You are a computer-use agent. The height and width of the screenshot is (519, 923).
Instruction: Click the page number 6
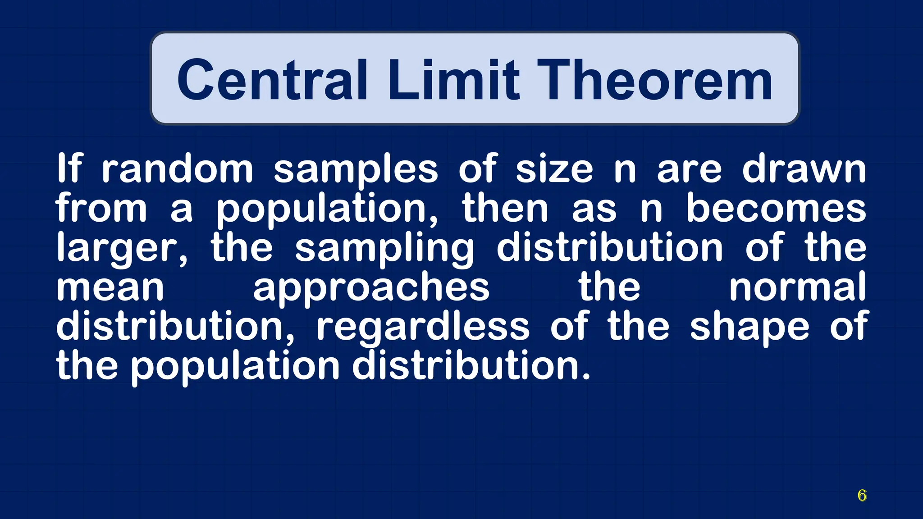(862, 495)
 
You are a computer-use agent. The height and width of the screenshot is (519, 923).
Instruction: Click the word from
(101, 208)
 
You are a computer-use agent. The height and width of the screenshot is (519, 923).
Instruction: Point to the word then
(505, 208)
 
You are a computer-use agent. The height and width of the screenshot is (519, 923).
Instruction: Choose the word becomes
(776, 208)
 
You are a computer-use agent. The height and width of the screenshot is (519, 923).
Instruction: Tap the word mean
(110, 287)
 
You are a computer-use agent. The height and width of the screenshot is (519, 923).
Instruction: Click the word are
(689, 169)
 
